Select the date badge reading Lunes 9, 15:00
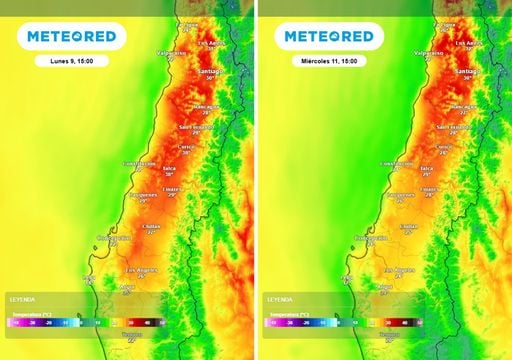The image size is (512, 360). click(70, 61)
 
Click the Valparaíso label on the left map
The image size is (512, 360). click(171, 52)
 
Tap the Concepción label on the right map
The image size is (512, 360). click(372, 237)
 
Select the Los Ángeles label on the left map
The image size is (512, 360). click(142, 270)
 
